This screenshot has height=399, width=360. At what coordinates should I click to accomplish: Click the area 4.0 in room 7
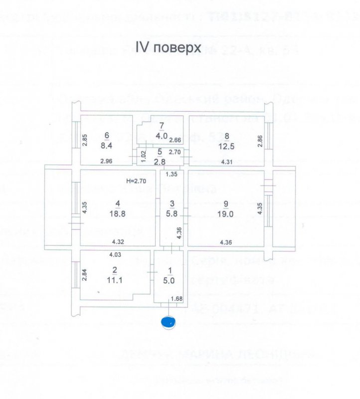pos(160,135)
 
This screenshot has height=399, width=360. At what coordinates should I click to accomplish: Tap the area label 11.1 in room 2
pos(115,280)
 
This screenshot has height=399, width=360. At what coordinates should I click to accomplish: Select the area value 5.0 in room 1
pos(171,280)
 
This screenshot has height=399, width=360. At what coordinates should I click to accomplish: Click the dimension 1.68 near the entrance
pos(177,299)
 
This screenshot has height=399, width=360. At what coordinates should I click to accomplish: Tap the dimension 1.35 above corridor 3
pos(172,175)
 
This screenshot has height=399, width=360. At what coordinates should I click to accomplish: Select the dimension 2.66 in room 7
pos(175,140)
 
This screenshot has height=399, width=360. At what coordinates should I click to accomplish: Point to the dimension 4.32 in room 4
pos(118,242)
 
